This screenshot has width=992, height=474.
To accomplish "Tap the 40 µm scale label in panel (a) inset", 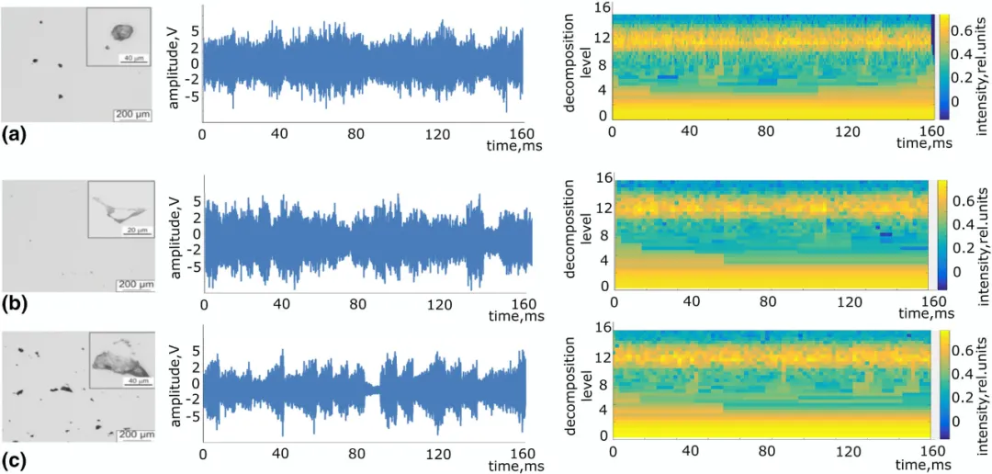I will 131,59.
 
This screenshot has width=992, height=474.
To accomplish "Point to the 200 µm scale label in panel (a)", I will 130,114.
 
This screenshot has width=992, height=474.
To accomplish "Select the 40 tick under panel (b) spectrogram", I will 691,302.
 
